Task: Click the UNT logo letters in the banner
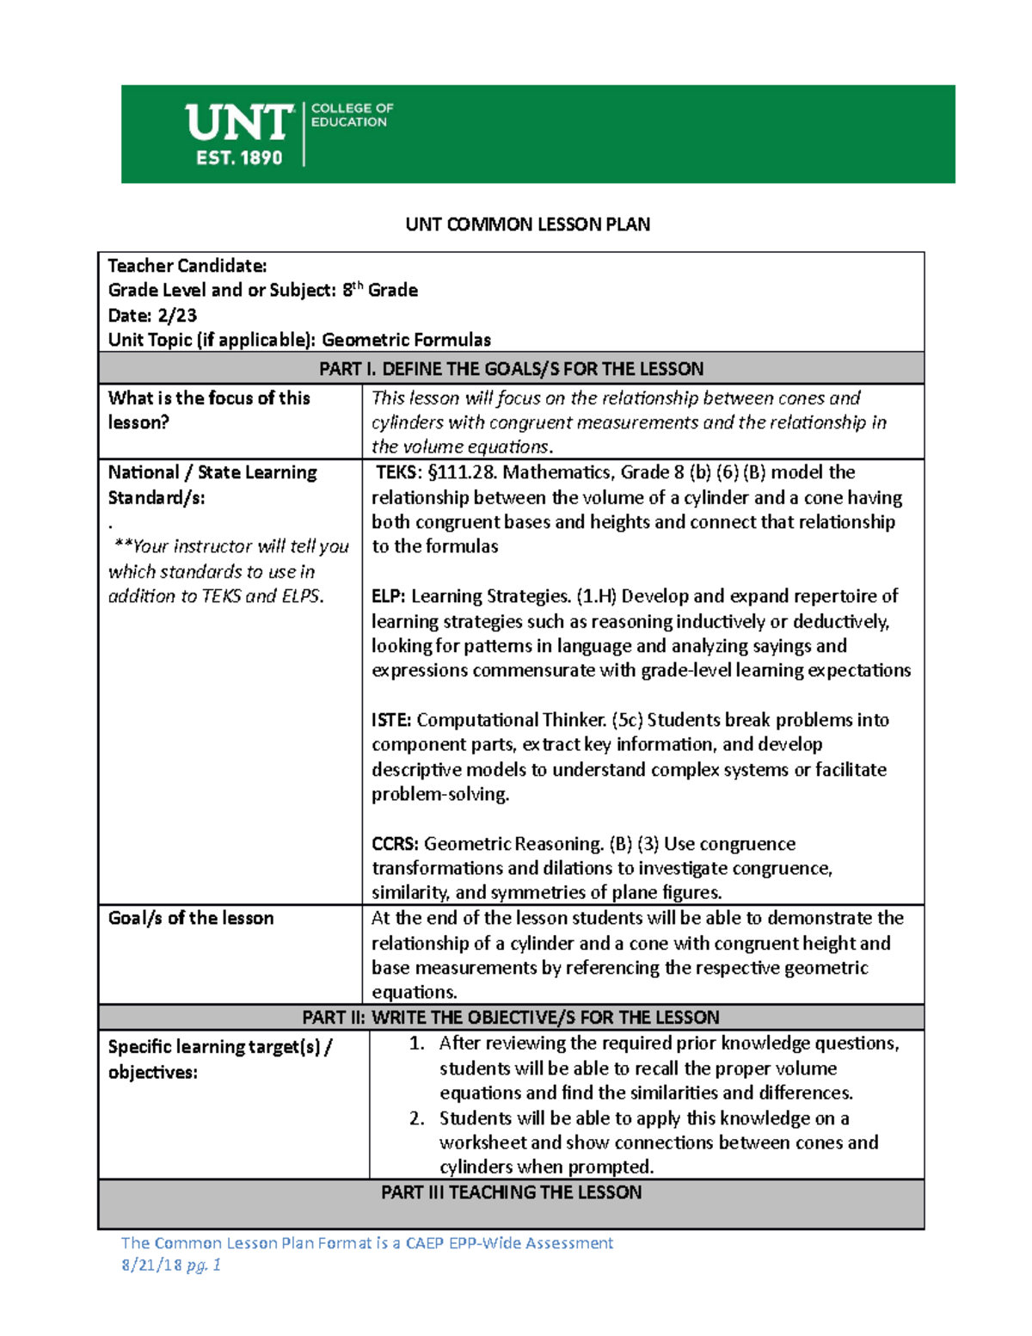239,123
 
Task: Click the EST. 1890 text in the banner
239,158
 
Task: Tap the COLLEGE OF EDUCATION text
351,115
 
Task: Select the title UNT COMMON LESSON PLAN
527,225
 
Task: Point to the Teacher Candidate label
187,266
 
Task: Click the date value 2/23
176,315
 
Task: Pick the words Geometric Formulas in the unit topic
406,340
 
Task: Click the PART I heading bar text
511,369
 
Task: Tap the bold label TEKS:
400,472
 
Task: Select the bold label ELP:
389,596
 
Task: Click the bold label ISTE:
391,720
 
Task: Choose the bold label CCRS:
395,844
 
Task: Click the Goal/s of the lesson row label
191,918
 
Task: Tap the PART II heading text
511,1018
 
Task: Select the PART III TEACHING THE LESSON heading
511,1192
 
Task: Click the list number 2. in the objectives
417,1118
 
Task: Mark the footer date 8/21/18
151,1265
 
